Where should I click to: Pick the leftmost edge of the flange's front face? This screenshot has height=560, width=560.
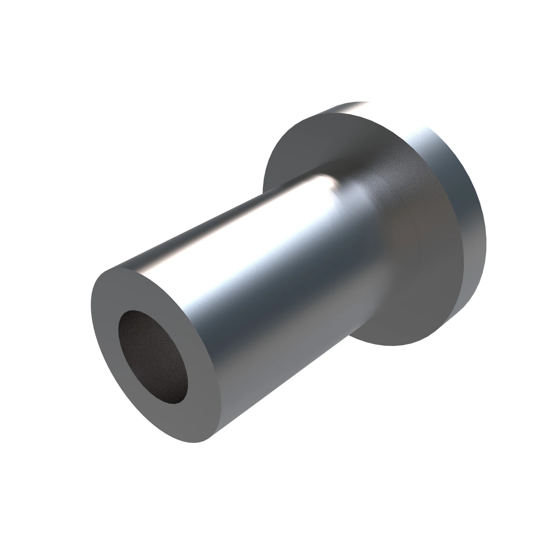tap(263, 186)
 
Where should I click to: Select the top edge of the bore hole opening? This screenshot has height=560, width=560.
tap(133, 311)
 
